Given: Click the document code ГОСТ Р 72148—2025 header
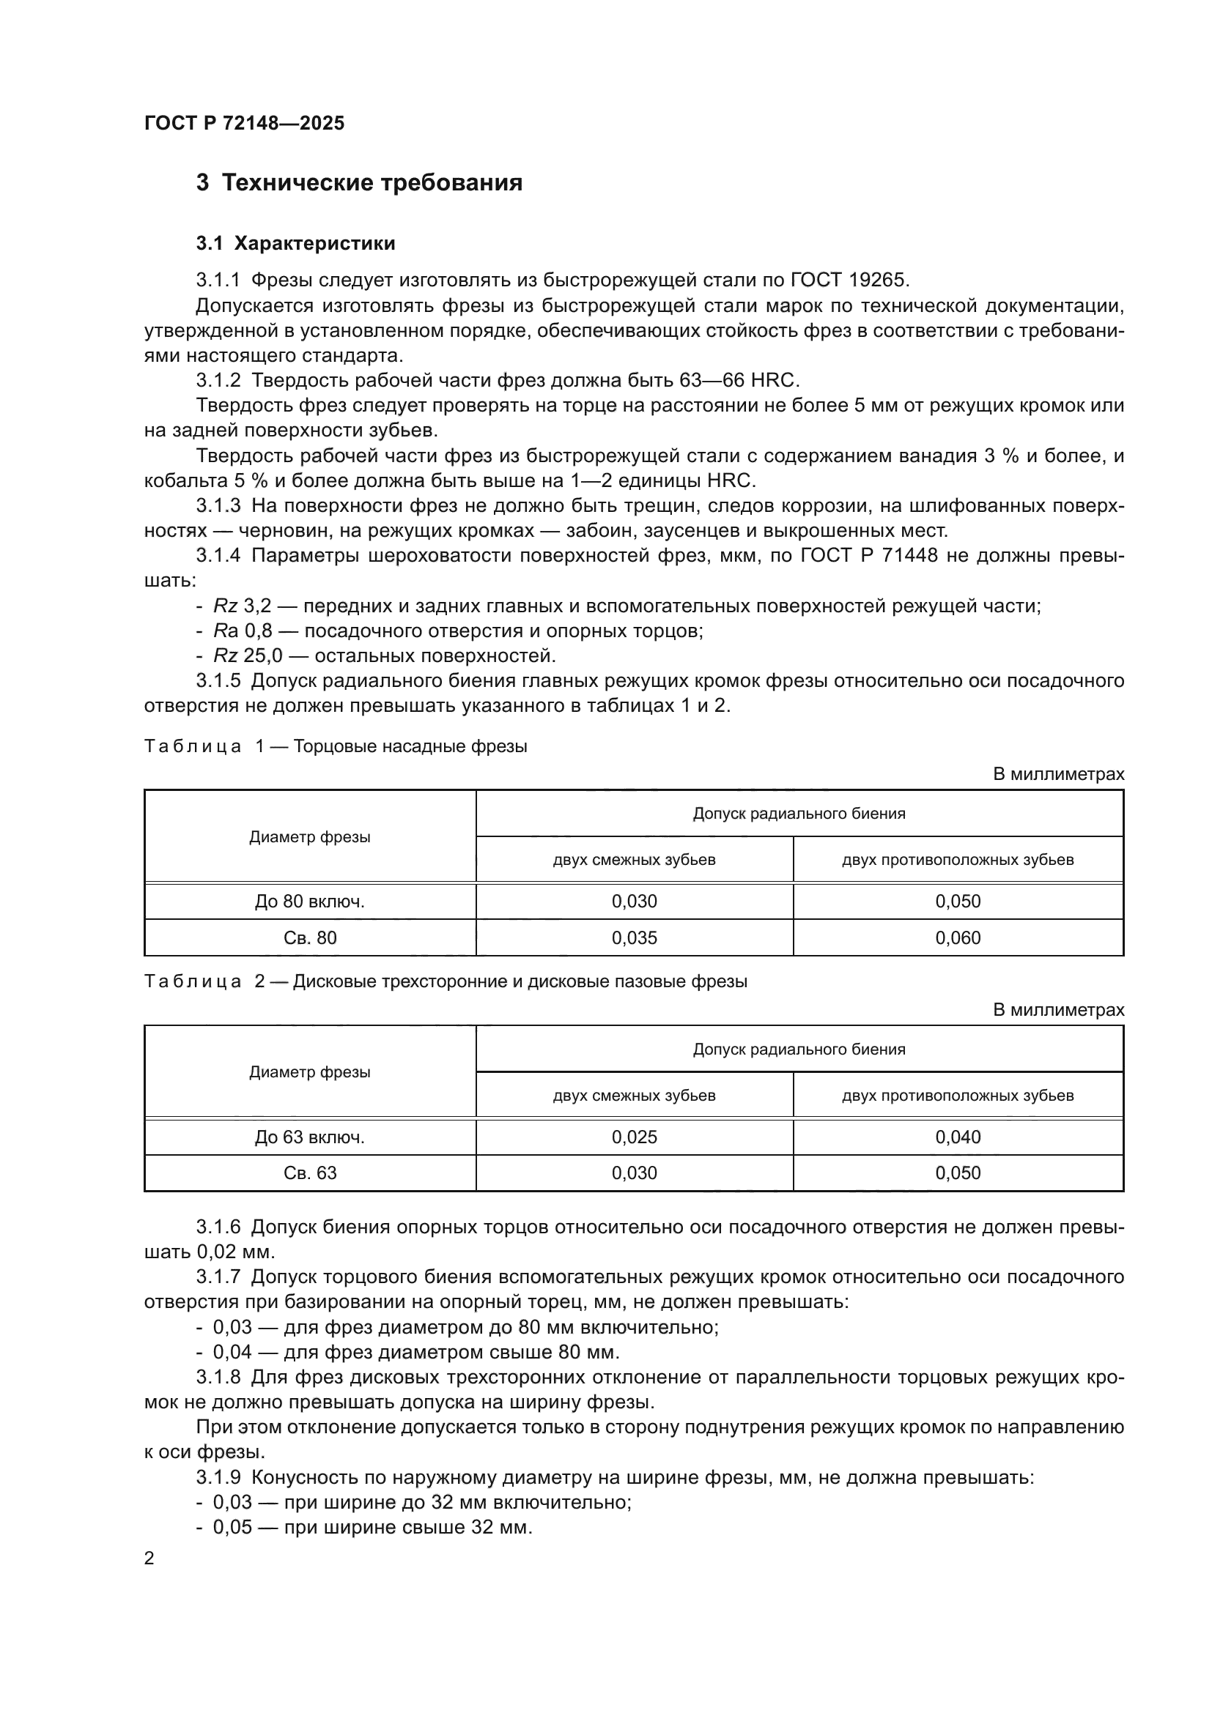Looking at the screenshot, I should click(244, 123).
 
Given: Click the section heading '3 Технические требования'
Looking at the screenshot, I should click(359, 183).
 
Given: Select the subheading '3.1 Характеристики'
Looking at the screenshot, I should click(295, 243).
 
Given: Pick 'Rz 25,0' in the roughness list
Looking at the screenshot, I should click(246, 655).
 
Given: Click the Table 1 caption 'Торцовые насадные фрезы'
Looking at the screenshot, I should click(410, 746).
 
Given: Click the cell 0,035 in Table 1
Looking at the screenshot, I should click(635, 938).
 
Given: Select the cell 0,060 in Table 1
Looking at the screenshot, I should click(958, 938).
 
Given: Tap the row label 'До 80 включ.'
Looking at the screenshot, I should click(310, 902).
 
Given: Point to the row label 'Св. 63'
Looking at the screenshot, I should click(310, 1173).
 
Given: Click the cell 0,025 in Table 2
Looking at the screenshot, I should click(635, 1137).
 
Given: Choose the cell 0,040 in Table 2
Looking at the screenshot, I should click(958, 1137).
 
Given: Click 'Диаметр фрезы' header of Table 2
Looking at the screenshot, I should click(310, 1072).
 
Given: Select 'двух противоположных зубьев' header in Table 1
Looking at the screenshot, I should click(958, 860).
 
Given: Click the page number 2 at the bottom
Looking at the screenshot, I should click(149, 1558).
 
